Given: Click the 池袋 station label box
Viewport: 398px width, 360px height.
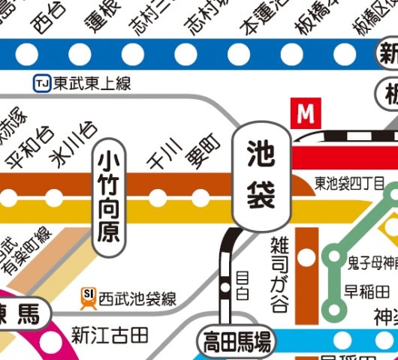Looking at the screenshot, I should (261, 175).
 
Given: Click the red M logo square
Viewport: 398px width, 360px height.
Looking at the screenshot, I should (304, 114).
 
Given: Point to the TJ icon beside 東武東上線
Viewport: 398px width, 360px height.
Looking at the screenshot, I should (41, 82).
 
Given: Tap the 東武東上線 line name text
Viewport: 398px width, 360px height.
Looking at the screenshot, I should (91, 82).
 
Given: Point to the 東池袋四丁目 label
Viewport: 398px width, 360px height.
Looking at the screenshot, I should (350, 184).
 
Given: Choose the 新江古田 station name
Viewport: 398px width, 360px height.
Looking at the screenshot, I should (110, 331).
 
